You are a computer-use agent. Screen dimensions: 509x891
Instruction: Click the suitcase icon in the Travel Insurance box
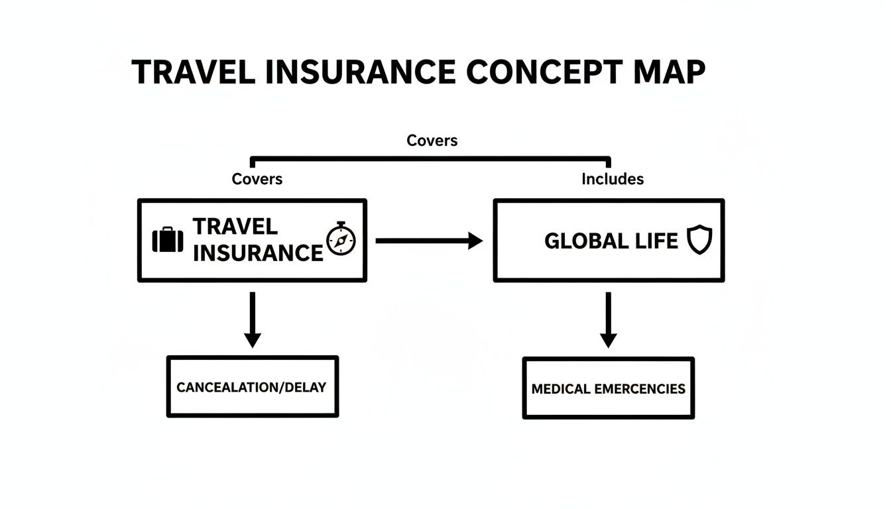tap(168, 240)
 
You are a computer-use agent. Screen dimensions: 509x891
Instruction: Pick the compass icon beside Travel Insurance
tap(341, 240)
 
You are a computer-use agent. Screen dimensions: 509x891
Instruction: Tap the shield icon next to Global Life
tap(699, 240)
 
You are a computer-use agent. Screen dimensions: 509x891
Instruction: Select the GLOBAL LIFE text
tap(611, 241)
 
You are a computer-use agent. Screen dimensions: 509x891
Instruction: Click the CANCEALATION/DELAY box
tap(252, 387)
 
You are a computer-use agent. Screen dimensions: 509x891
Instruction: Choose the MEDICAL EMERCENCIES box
tap(608, 388)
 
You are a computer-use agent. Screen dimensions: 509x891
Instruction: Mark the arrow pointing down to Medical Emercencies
tap(608, 319)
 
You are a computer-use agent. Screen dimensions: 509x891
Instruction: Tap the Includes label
tap(613, 179)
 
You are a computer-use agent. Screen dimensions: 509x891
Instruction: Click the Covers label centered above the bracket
tap(432, 141)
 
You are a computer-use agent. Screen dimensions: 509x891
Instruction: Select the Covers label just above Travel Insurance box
tap(257, 179)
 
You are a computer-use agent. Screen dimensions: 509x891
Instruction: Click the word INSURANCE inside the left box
tap(258, 253)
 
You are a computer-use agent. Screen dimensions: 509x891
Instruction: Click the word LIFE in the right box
tap(656, 241)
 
